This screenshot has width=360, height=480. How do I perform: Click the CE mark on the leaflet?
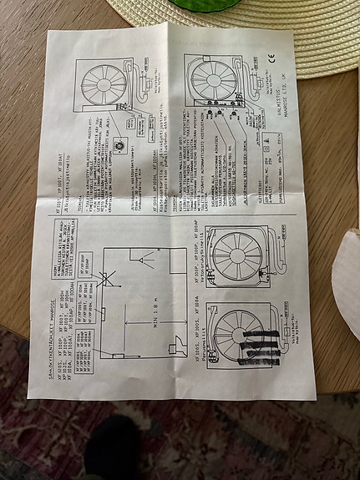(279, 58)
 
